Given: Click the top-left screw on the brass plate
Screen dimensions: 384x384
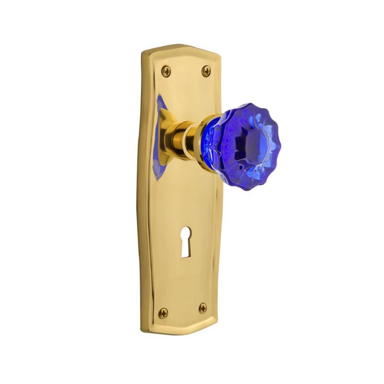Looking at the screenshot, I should coord(166,71).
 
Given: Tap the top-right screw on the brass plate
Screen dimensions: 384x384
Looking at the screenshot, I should coord(206,71).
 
